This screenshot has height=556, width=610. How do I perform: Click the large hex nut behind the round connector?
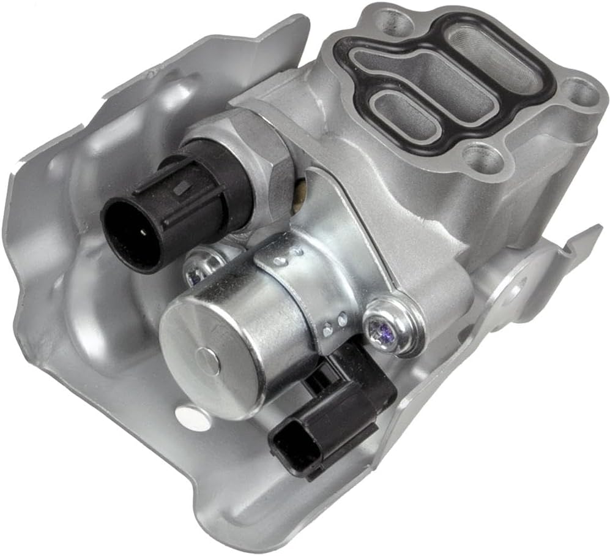pyautogui.click(x=257, y=153)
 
